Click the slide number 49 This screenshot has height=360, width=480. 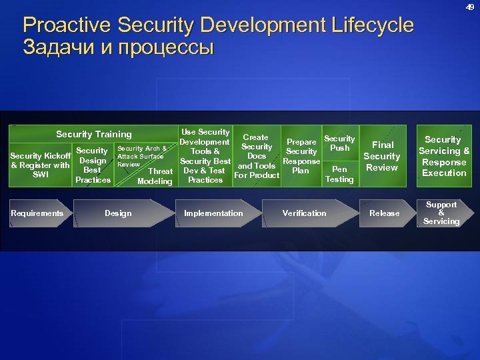coord(469,8)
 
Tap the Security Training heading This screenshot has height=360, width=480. coord(94,134)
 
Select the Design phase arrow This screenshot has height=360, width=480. coord(120,213)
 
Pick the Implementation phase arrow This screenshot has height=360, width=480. coord(213,213)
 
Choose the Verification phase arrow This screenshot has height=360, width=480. coord(305,213)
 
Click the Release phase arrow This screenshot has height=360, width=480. coord(385,213)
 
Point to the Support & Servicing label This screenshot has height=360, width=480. coord(441,213)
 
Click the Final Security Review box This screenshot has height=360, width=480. coord(382,156)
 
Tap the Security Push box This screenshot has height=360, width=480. coord(339,143)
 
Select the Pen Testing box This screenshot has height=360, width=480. coord(339,174)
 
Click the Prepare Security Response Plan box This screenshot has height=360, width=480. coord(301,156)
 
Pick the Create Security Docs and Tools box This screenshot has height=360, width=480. coord(257,156)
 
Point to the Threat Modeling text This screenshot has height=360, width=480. coord(155,176)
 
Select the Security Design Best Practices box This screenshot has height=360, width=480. coord(93,165)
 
